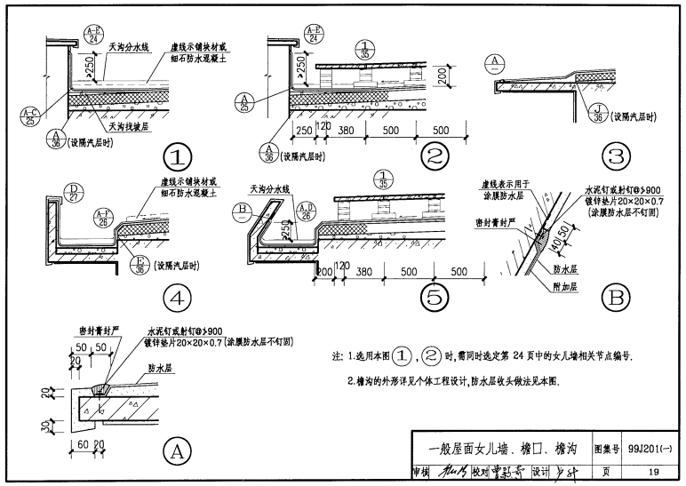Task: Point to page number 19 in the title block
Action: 653,472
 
